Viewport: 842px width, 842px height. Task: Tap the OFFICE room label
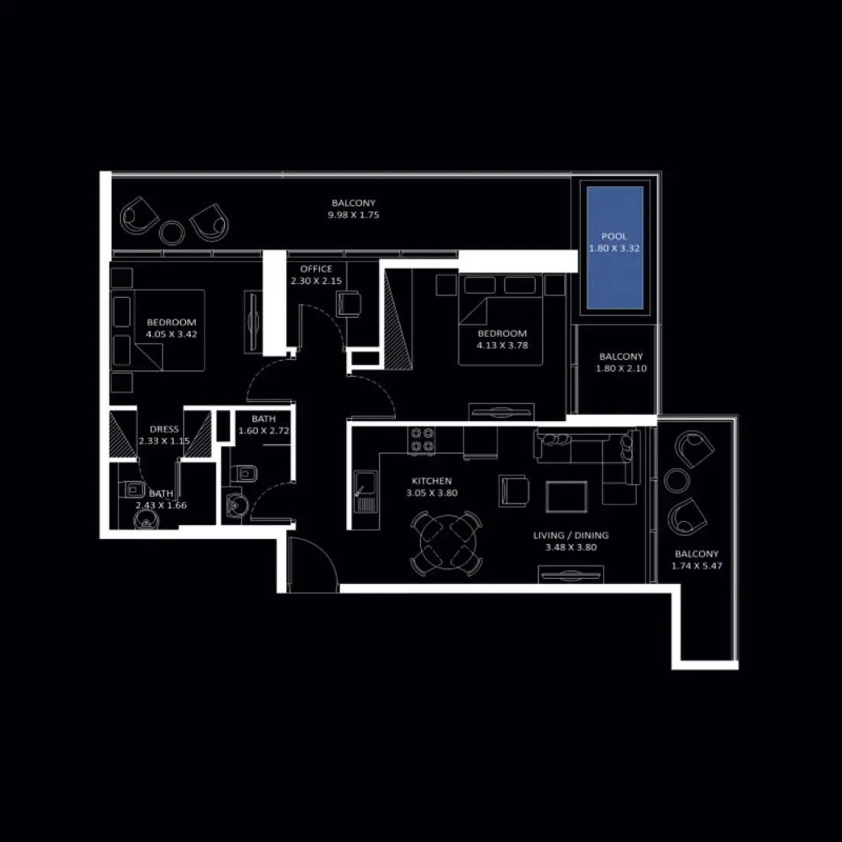click(x=316, y=269)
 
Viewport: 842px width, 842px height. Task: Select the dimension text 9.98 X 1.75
click(x=354, y=215)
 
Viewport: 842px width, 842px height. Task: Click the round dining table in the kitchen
click(x=447, y=544)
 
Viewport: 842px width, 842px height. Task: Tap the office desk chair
click(x=350, y=303)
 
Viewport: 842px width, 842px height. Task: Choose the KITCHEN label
click(x=432, y=481)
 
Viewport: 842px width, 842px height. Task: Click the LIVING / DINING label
click(x=571, y=536)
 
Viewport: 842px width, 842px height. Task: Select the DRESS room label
click(x=164, y=429)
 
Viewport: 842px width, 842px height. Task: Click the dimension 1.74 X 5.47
click(x=697, y=566)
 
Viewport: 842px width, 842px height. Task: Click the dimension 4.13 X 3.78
click(x=502, y=345)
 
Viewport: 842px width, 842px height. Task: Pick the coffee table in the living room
click(x=566, y=496)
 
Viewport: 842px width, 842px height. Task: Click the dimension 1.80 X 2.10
click(x=621, y=369)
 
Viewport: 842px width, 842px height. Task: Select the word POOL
click(x=614, y=237)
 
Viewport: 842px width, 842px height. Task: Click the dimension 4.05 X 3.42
click(x=171, y=335)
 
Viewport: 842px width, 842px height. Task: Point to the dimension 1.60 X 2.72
click(x=263, y=431)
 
